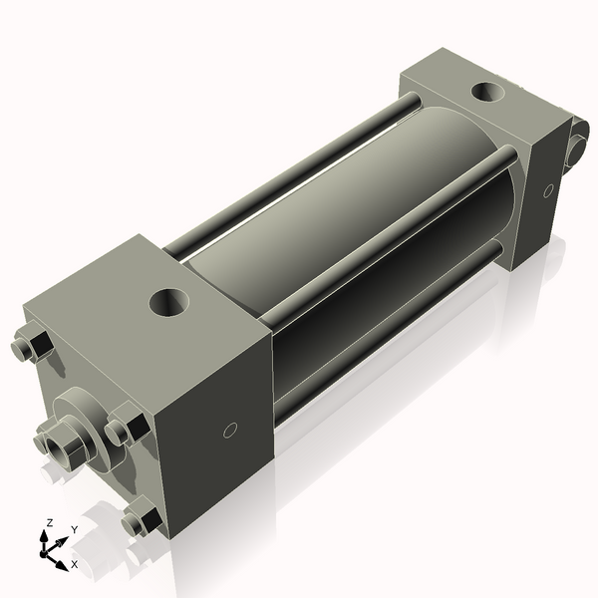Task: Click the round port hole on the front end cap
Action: (167, 300)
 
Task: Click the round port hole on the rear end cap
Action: (488, 93)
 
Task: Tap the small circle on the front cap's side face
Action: (229, 431)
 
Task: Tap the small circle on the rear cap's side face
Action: (548, 190)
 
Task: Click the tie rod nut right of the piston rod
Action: (129, 428)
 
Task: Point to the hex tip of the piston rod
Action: (52, 440)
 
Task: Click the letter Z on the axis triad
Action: (49, 522)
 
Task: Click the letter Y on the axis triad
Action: (74, 530)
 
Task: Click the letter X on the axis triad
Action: (74, 564)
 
